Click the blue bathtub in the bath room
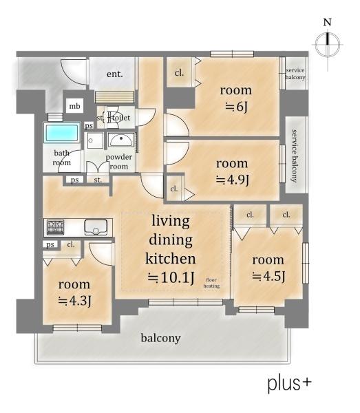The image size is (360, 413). click(x=62, y=132)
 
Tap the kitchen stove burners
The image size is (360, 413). click(x=55, y=227)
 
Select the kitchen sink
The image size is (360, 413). click(x=96, y=227)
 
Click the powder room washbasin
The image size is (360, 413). click(x=121, y=140)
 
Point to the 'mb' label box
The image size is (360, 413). click(x=74, y=106)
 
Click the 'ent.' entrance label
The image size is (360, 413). click(x=115, y=74)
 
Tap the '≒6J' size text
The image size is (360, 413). click(x=237, y=107)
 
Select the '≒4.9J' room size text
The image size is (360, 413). click(x=233, y=180)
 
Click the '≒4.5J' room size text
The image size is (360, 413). click(x=268, y=276)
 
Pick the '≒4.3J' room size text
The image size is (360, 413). click(x=75, y=301)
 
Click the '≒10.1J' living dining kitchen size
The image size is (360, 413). click(x=171, y=277)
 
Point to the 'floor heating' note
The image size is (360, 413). click(x=211, y=283)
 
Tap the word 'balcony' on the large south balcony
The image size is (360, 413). click(x=160, y=338)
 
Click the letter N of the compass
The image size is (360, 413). click(x=328, y=22)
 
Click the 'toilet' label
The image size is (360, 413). click(x=121, y=118)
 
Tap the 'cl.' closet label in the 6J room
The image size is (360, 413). click(x=179, y=72)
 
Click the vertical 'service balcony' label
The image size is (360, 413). click(x=295, y=156)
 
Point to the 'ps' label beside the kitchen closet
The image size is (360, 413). click(x=50, y=244)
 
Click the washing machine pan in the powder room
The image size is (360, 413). click(x=95, y=140)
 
